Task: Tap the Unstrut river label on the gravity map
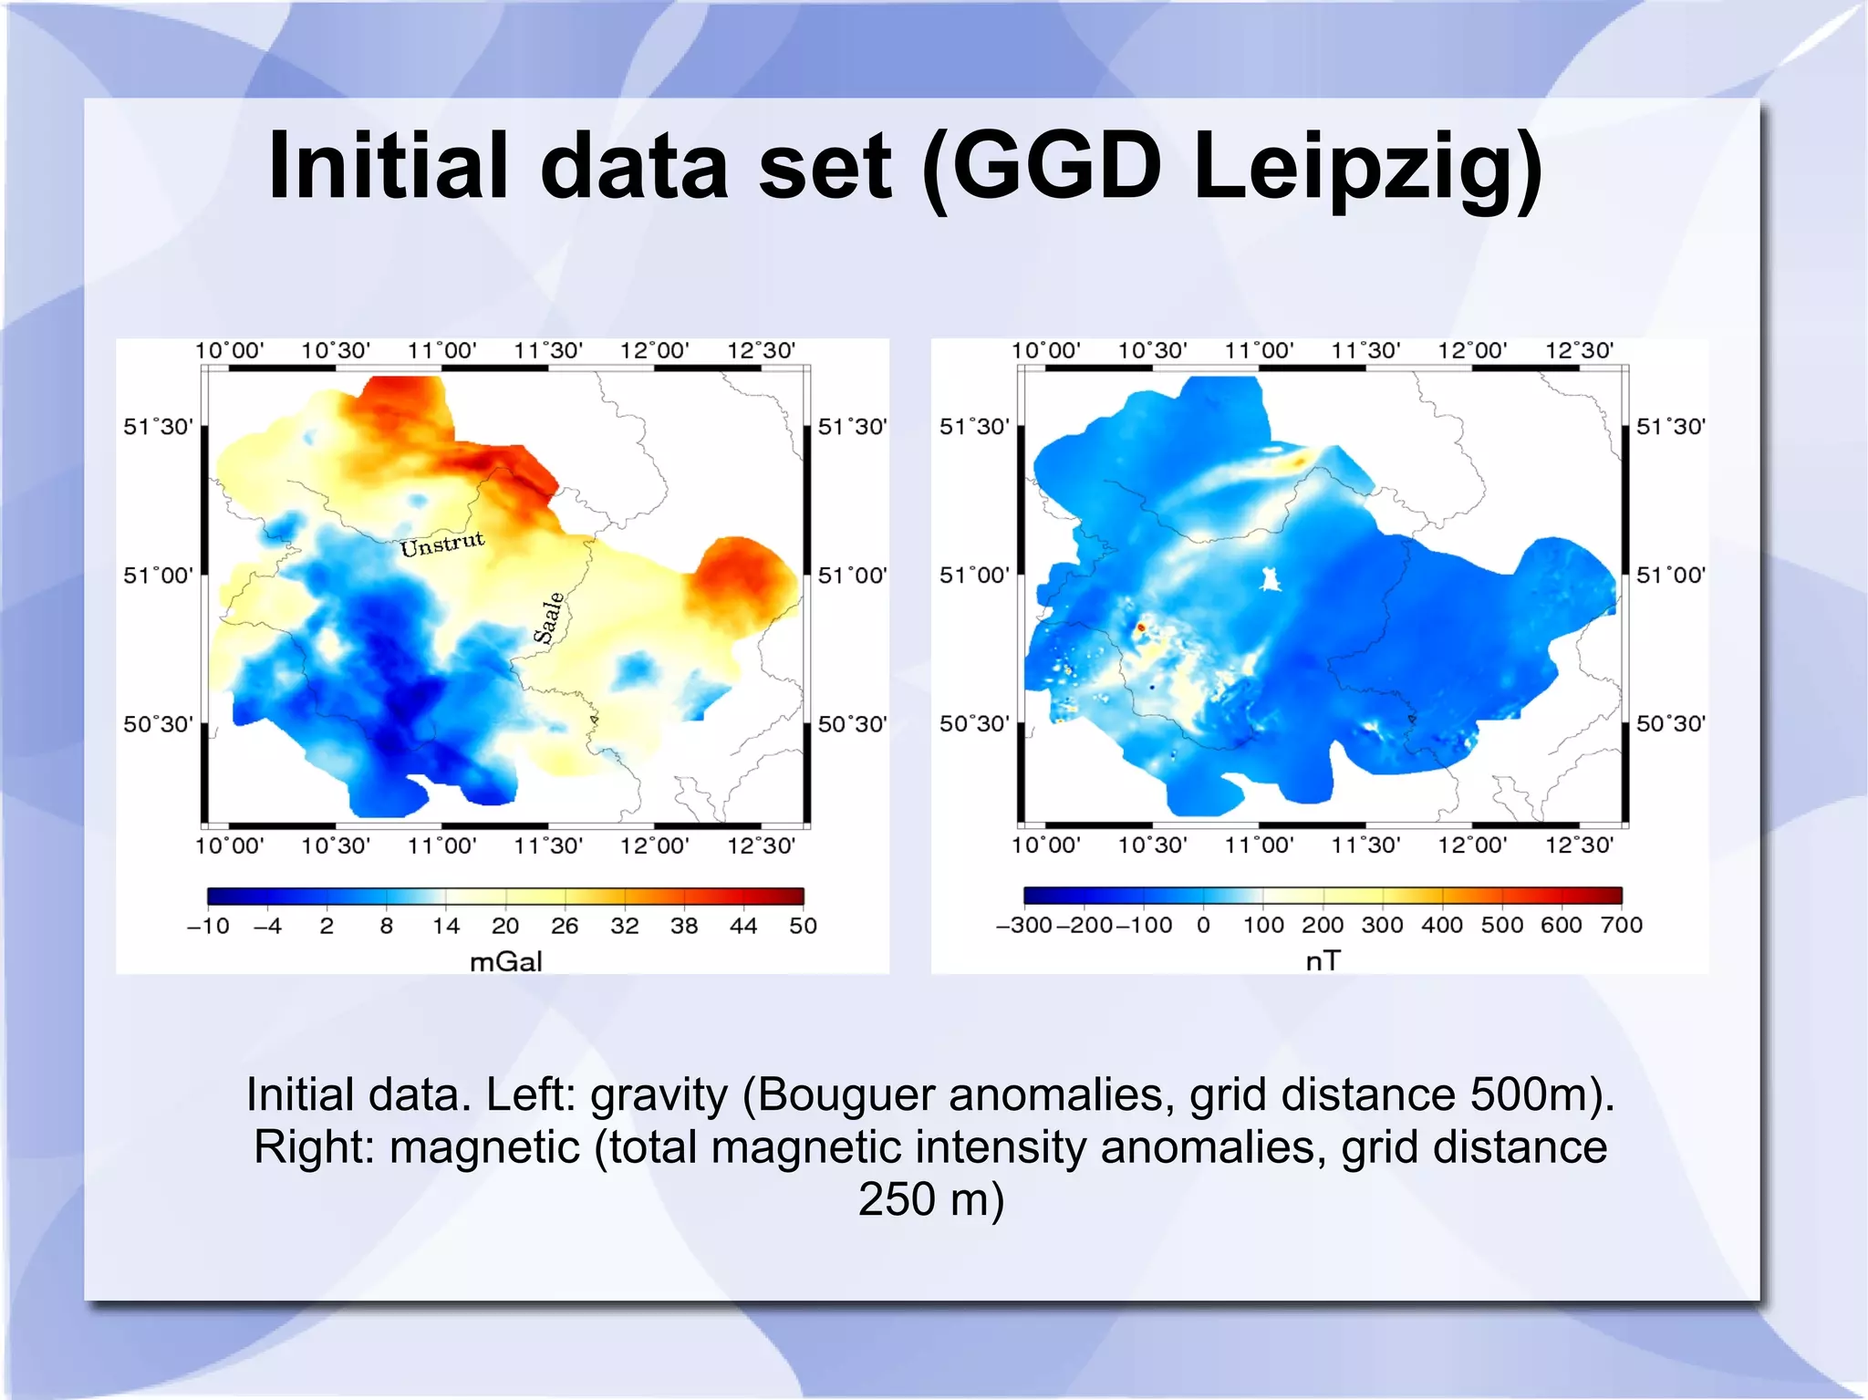pos(442,544)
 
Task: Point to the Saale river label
pos(549,617)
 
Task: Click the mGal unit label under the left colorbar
pos(505,961)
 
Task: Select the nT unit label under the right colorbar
pos(1323,960)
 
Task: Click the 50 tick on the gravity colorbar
pos(803,926)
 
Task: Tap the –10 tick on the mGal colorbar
pos(209,926)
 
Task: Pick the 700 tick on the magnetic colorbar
pos(1621,925)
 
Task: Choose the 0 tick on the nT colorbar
pos(1203,925)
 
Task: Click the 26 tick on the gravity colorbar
pos(565,926)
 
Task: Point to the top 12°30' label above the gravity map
pos(761,350)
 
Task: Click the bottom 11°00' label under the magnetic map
pos(1259,845)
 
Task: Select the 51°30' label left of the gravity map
pos(158,427)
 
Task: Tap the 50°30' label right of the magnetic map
pos(1670,724)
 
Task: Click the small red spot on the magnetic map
pos(1140,627)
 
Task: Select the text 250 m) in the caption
pos(931,1198)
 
